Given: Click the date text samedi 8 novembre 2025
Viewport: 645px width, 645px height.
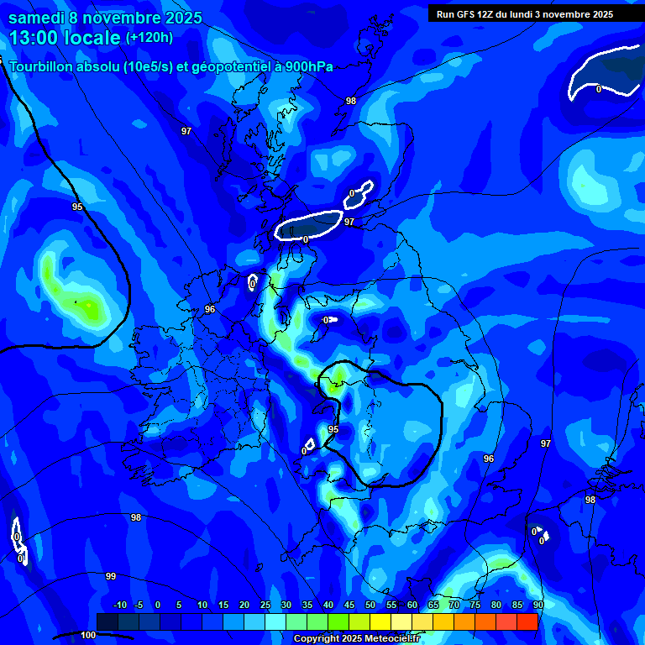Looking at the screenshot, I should (x=105, y=17).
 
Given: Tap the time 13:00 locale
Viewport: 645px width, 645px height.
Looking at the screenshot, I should (x=63, y=38).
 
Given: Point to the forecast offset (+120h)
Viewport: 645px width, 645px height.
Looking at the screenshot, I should (x=149, y=38).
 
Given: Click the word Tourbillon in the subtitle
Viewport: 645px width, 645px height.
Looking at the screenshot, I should (x=41, y=67).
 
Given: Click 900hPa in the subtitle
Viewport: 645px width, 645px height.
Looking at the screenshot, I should (x=309, y=67).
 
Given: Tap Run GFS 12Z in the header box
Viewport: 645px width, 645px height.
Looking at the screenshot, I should (x=466, y=14).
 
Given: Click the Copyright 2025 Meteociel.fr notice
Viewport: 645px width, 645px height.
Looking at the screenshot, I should (x=356, y=639).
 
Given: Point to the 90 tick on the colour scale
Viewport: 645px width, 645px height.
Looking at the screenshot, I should (x=537, y=606).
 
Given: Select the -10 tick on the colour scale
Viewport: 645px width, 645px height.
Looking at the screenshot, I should (x=119, y=606).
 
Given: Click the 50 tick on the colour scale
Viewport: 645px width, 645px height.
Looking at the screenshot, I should (x=370, y=606).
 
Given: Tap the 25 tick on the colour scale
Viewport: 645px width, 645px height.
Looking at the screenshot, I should (x=265, y=606).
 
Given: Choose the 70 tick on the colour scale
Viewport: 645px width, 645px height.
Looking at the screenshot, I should (x=454, y=606).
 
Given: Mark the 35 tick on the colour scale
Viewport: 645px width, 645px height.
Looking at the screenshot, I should (x=307, y=606).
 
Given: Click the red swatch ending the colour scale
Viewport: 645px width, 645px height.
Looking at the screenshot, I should (x=527, y=621).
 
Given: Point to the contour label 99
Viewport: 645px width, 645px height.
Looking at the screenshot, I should (x=110, y=576).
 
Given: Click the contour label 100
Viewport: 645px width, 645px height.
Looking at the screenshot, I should (x=88, y=636).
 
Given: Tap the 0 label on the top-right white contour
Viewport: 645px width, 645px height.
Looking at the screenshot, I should (x=599, y=89).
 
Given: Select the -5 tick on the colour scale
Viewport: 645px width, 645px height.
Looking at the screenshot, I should (x=139, y=606).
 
